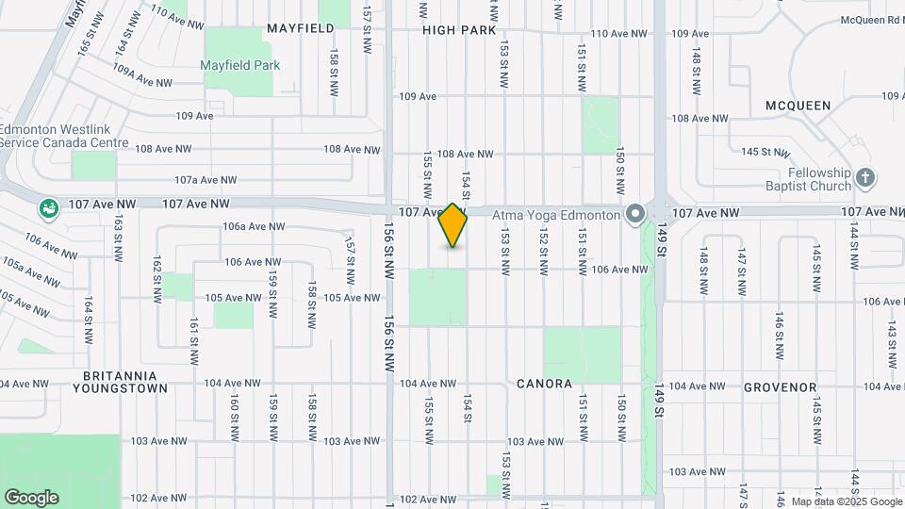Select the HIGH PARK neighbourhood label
coord(459,30)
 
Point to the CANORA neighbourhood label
coord(544,384)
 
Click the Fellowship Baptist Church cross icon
coord(866,176)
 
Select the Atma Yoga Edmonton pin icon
coord(636,214)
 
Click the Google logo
coord(31,498)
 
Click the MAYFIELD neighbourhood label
coord(301,28)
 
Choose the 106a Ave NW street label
coord(254,226)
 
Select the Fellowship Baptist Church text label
coord(808,179)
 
